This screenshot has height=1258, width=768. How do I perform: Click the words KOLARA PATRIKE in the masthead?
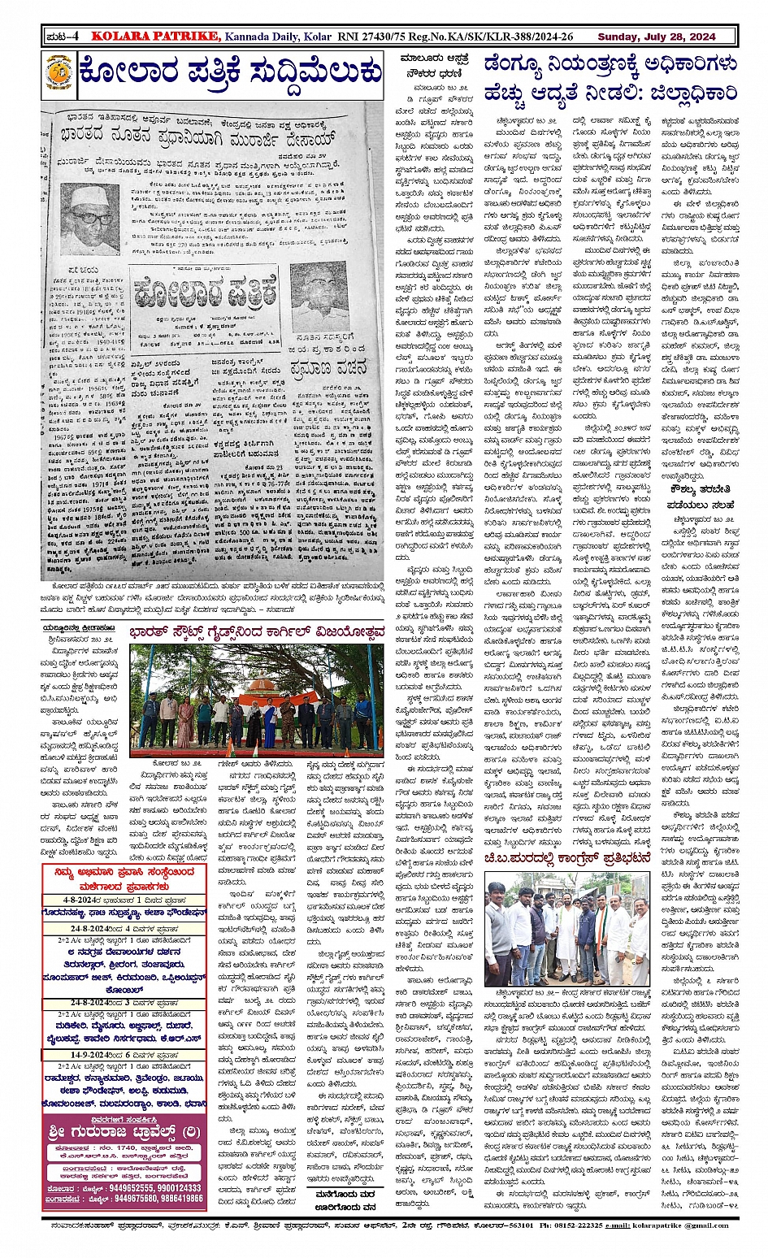click(x=154, y=36)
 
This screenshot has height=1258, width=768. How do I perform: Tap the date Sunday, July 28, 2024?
click(x=656, y=37)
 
